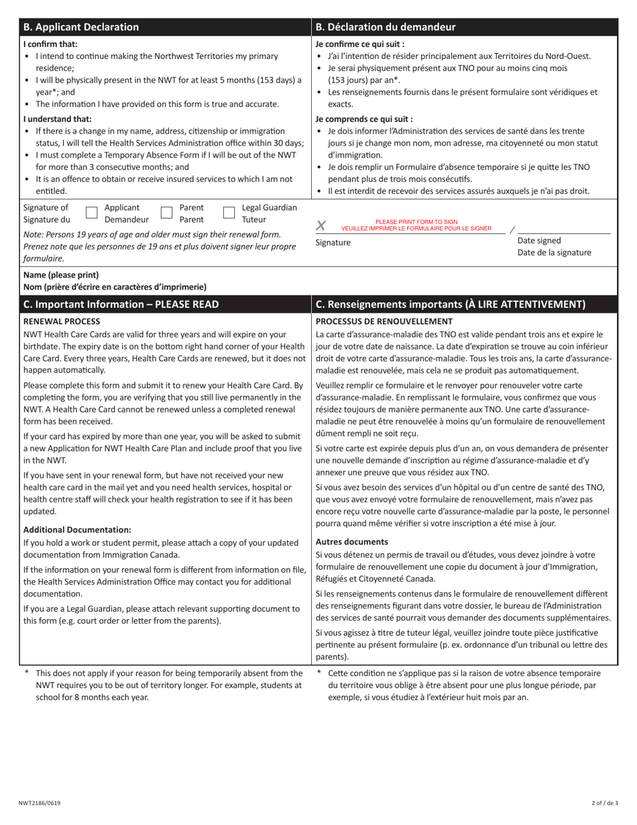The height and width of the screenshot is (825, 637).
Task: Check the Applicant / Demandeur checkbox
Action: click(x=93, y=213)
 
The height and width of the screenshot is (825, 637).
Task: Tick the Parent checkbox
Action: click(x=167, y=213)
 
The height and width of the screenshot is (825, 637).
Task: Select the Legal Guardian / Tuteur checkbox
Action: click(x=229, y=213)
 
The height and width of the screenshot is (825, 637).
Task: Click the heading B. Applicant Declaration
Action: click(x=81, y=27)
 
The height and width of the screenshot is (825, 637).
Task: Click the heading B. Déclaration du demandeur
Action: click(x=386, y=27)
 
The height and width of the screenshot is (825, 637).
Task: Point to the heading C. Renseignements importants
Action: click(x=450, y=304)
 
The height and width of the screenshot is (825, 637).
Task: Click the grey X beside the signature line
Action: click(x=321, y=227)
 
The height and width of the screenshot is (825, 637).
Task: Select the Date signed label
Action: click(x=539, y=241)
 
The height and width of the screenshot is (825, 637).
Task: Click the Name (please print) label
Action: click(x=61, y=275)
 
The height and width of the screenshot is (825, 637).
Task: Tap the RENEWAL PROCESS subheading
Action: click(x=62, y=321)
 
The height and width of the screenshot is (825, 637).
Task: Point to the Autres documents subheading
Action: click(x=351, y=541)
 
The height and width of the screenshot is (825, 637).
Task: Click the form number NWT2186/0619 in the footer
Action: click(x=40, y=804)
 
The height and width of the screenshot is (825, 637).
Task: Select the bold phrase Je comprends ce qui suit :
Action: click(x=364, y=119)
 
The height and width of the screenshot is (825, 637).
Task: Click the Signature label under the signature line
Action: click(x=333, y=243)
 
